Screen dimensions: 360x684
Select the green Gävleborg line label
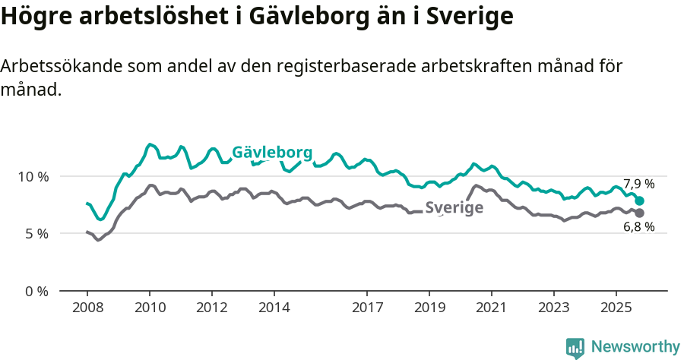[272, 153]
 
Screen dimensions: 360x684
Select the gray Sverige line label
[454, 207]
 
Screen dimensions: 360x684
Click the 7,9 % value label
[638, 184]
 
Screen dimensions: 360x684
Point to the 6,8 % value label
[638, 227]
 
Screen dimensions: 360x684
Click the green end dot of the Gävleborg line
[640, 201]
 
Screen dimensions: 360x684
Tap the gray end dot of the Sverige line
[639, 213]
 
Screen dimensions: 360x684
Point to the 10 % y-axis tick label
[33, 176]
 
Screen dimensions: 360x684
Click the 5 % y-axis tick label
[36, 234]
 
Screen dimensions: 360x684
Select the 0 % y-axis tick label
[36, 291]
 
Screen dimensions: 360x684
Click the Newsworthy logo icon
[575, 347]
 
